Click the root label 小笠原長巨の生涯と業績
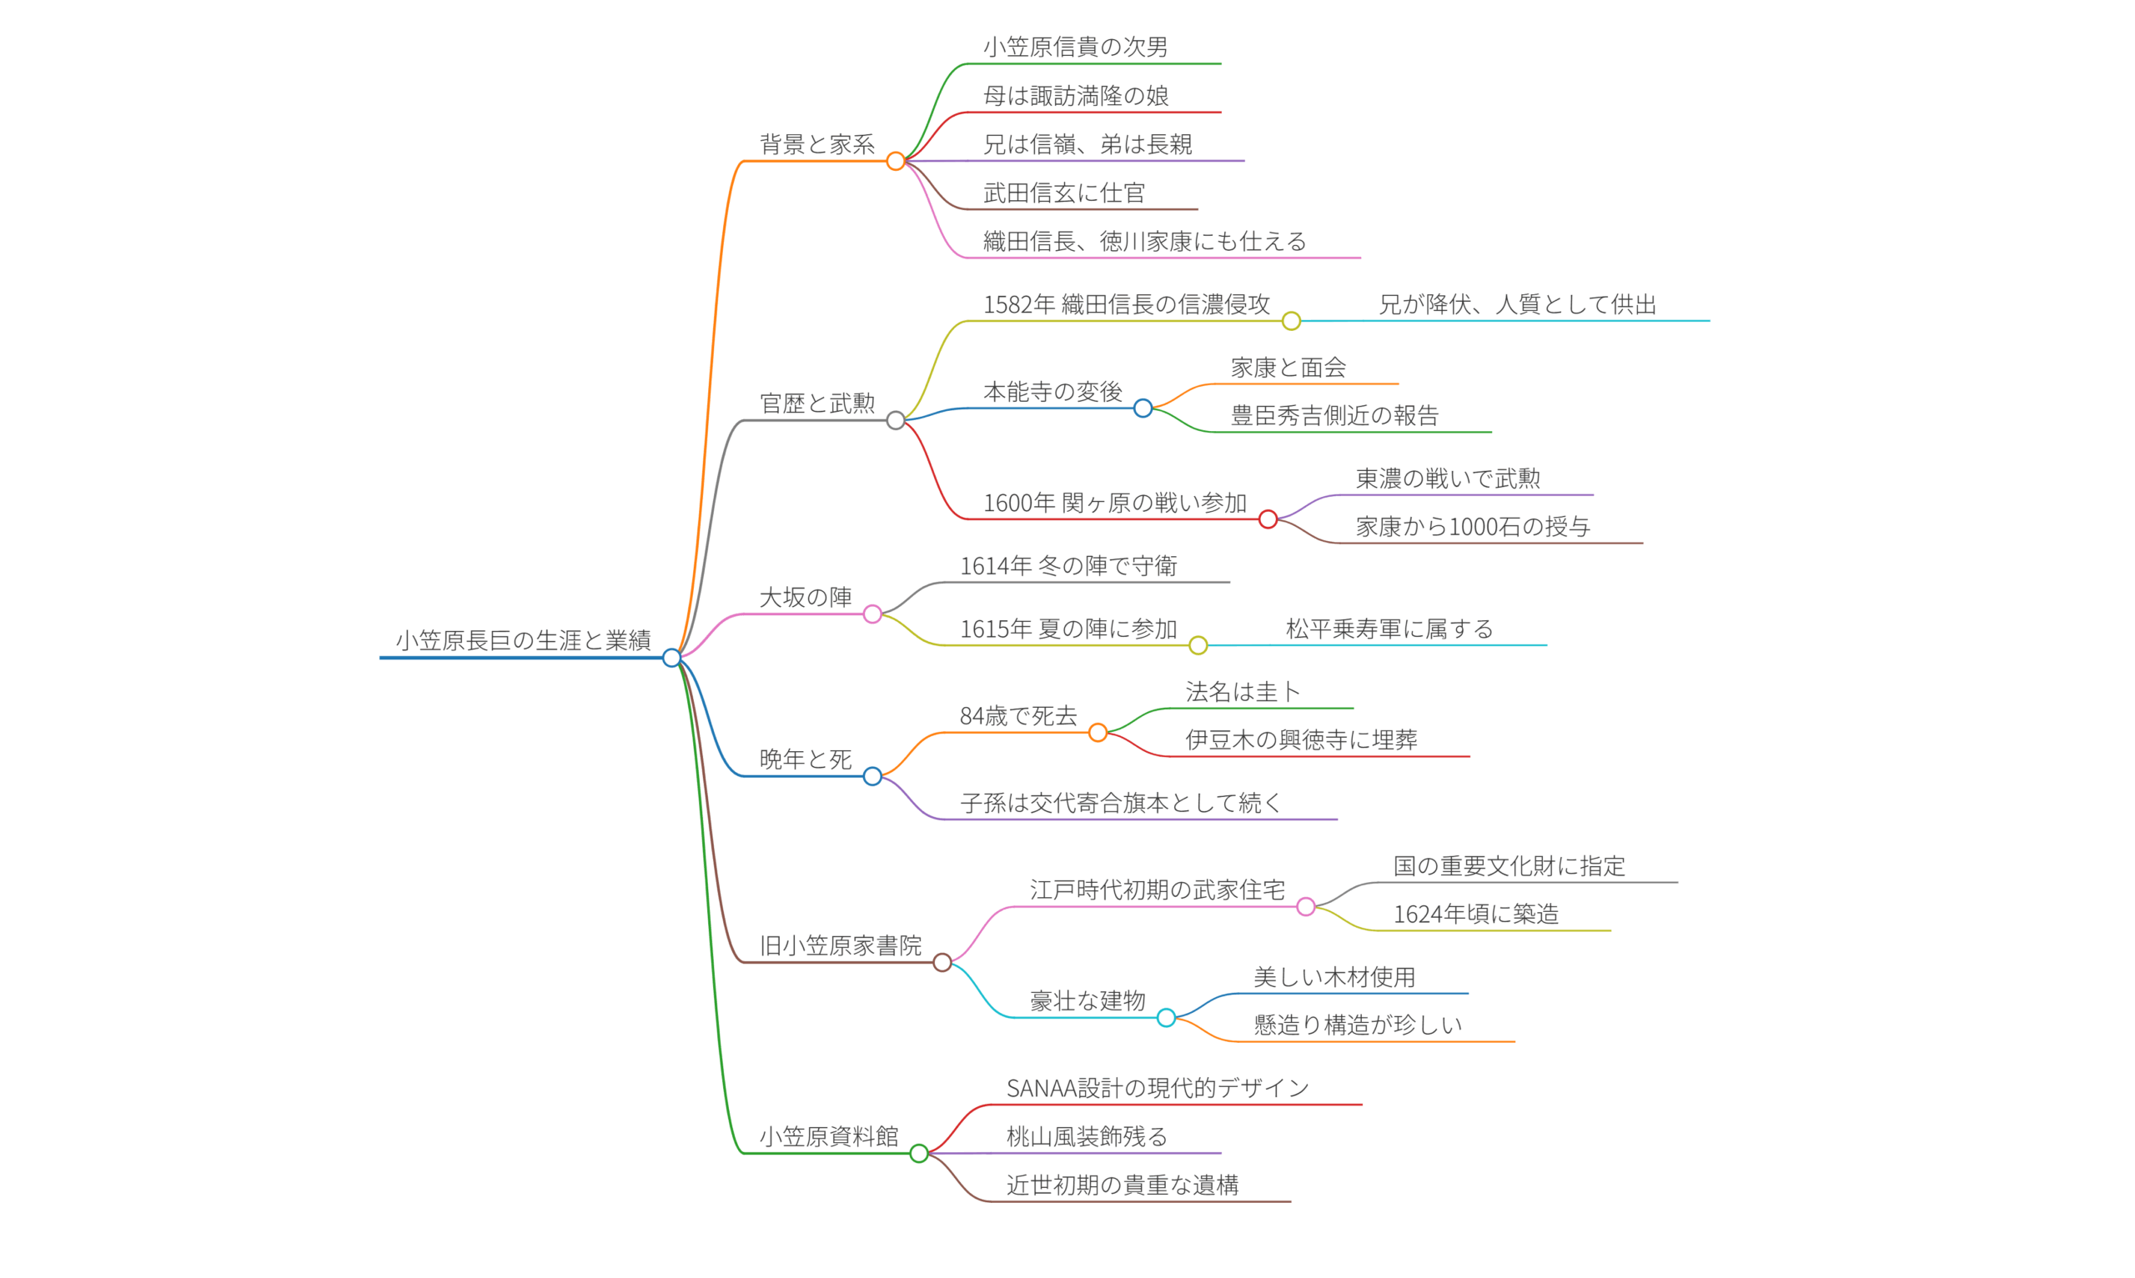(x=523, y=640)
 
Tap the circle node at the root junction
(x=671, y=658)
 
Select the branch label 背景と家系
(x=816, y=144)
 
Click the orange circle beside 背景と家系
(x=896, y=161)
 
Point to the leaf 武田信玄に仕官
(x=1063, y=193)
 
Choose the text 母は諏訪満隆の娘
(x=1076, y=96)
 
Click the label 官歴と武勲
(x=816, y=403)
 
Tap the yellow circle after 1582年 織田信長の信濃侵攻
(x=1291, y=321)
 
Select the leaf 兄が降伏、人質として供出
(x=1518, y=304)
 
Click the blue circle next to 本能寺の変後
(x=1143, y=408)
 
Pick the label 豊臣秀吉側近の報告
(x=1334, y=416)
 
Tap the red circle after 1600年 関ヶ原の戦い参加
(x=1268, y=519)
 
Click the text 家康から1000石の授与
(x=1473, y=527)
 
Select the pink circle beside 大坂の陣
(x=872, y=614)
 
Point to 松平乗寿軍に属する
(x=1389, y=629)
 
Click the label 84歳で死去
(x=1018, y=715)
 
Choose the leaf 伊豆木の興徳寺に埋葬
(x=1300, y=739)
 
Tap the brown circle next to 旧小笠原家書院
(x=942, y=962)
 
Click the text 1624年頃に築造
(x=1475, y=914)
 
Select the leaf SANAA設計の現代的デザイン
(x=1158, y=1088)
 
